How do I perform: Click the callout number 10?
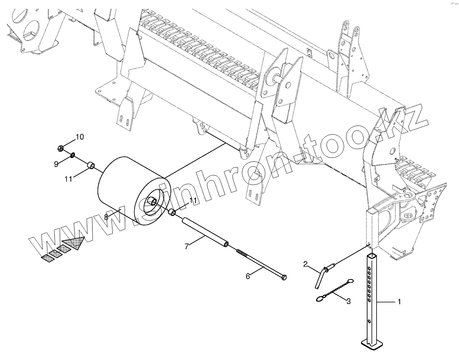coord(79,137)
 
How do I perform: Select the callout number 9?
coord(56,164)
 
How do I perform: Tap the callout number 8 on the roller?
coord(106,216)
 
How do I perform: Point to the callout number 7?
coord(186,246)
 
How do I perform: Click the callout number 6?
coord(248,276)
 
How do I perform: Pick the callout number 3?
coord(348,301)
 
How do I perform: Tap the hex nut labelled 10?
coord(61,147)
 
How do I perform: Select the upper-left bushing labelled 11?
coord(91,166)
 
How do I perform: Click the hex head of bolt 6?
coord(284,279)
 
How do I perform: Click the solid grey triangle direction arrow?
coord(73,242)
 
